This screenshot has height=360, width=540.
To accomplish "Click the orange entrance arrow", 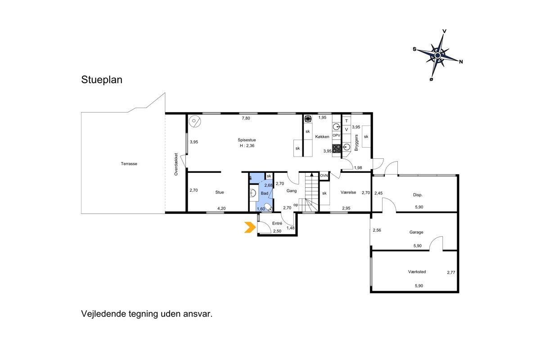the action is (x=250, y=227).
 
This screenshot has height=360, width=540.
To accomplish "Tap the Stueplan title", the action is (x=102, y=80).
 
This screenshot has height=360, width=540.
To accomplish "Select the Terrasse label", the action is (x=129, y=164).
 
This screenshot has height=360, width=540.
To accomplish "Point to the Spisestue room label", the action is (x=247, y=140).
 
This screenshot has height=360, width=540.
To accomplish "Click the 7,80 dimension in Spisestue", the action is (x=246, y=118).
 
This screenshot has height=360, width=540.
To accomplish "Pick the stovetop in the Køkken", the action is (x=337, y=148).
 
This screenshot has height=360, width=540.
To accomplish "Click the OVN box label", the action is (x=324, y=175).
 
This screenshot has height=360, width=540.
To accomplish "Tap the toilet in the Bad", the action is (x=268, y=207).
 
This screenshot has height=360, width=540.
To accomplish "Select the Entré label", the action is (x=277, y=223).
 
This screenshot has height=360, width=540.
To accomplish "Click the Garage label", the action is (x=416, y=232).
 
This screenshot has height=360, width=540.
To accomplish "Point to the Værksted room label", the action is (x=417, y=271).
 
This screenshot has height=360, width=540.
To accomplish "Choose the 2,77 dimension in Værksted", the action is (x=451, y=272).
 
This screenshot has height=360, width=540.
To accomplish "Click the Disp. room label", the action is (x=418, y=195).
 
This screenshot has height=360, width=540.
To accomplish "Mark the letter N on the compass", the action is (x=461, y=62).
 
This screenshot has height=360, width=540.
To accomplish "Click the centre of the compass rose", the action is (x=438, y=55).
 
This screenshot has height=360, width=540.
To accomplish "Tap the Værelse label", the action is (x=348, y=192).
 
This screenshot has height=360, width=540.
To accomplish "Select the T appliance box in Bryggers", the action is (x=346, y=121).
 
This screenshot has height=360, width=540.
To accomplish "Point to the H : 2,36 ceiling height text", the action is (x=247, y=146).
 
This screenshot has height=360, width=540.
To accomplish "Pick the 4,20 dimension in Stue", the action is (x=221, y=208).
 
